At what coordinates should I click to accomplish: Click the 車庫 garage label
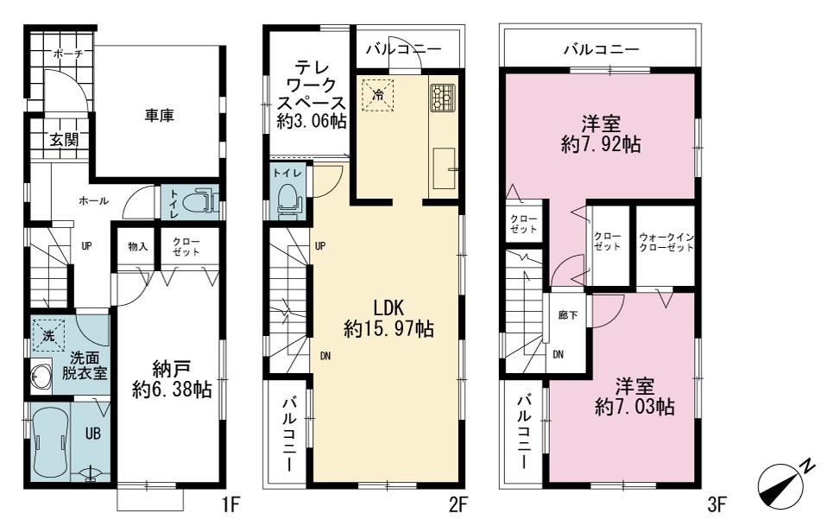160,115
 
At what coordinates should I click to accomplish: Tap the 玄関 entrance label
64,140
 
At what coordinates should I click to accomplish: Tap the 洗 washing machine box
48,335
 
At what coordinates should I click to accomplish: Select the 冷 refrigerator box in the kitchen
378,95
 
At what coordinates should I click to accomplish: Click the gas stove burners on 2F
443,98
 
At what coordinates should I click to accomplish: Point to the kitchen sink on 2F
445,168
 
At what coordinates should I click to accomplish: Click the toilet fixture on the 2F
289,200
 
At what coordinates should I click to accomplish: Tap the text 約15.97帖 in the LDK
388,329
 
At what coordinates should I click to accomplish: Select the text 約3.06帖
312,121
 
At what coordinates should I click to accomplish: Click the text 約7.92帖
601,144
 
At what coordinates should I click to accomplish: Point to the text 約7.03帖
635,407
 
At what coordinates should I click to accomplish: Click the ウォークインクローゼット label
666,243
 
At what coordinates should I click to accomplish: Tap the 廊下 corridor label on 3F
568,315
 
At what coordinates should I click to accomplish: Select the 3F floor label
716,504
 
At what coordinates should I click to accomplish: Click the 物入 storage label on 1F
137,246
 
